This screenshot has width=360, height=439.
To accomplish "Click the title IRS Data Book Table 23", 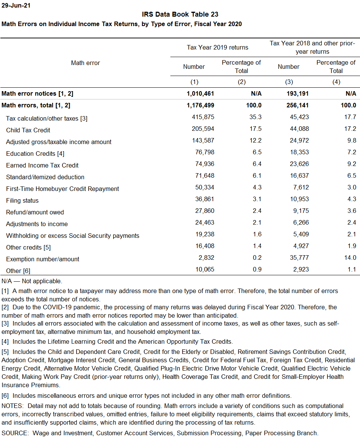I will (x=180, y=14).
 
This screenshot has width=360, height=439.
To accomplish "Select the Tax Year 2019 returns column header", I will (x=217, y=47).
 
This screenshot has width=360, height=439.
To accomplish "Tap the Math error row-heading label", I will (x=86, y=63).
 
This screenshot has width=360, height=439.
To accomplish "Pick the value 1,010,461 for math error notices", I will (x=200, y=93).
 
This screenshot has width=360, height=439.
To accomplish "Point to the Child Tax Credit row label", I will (x=28, y=130).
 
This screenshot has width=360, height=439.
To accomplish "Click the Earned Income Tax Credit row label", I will (x=42, y=165).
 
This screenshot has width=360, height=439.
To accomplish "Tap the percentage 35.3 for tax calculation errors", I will (x=255, y=118).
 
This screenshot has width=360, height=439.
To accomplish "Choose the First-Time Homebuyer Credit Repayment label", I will (x=62, y=189).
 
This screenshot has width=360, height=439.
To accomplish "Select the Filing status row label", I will (x=22, y=200).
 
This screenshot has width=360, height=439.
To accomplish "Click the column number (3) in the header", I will (x=289, y=82).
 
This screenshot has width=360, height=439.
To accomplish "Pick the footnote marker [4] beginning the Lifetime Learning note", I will (x=5, y=342).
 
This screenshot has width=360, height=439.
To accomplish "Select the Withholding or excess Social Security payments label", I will (x=73, y=236).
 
